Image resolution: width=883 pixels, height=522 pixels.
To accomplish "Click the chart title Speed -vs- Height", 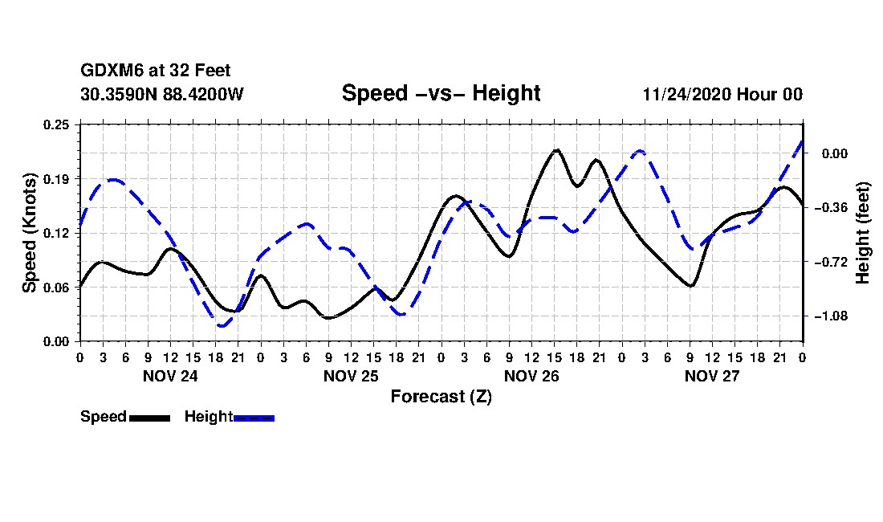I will coord(441,93).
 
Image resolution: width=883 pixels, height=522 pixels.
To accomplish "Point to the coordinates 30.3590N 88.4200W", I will coord(161,94).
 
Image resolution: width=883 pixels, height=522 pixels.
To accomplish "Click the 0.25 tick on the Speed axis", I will coord(57,124).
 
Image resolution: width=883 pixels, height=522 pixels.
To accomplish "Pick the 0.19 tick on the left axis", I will coord(57,178).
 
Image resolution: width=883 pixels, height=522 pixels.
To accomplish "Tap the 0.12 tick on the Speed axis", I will coord(57,233).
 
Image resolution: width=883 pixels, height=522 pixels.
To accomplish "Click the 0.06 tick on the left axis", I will coord(57,288).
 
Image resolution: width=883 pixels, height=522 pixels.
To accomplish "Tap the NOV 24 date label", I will coord(170,376).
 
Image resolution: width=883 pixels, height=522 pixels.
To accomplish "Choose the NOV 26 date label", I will coord(531,376).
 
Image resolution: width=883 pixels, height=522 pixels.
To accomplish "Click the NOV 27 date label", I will coord(712,376).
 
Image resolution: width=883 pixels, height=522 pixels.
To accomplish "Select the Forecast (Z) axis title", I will coord(441,396).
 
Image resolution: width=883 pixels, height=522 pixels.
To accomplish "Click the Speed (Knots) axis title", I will coord(29,232).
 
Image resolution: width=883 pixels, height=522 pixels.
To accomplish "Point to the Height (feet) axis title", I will coord(863,233).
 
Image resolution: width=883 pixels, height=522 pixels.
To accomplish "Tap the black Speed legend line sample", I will coord(149,418).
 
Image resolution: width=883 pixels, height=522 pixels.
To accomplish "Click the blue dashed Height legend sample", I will coord(254,418).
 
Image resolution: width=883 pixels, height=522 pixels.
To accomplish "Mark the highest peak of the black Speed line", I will coord(556,149).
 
